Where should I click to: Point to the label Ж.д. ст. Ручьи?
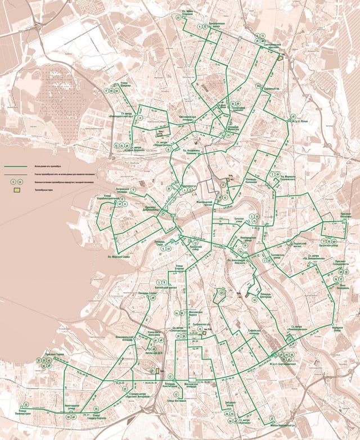tap(299, 120)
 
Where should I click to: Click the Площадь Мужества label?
tap(232, 128)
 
